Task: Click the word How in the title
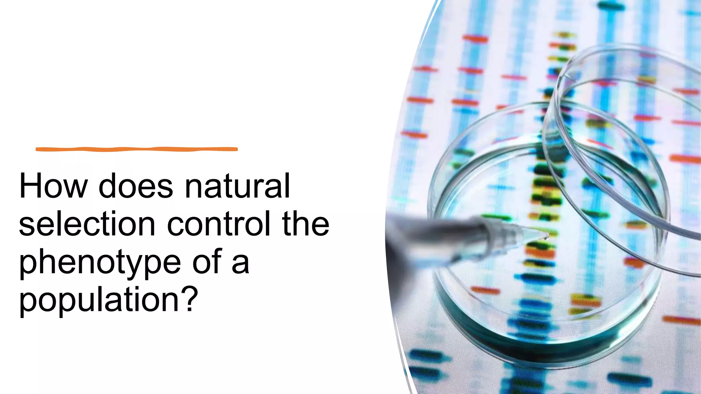(53, 186)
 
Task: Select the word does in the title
(136, 186)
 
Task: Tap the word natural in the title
(237, 186)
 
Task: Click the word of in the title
(207, 262)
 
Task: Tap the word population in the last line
(99, 300)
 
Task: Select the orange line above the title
(137, 149)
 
